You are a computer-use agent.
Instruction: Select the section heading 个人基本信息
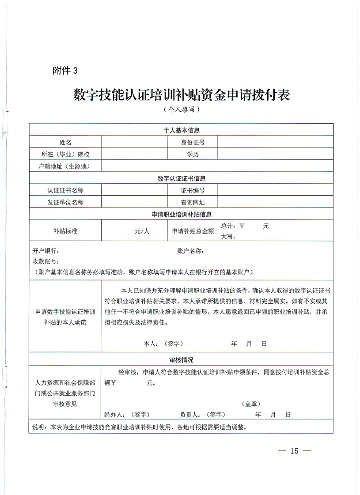[x=182, y=130]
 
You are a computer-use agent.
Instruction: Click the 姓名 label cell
[x=65, y=142]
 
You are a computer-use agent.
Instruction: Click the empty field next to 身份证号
[x=275, y=142]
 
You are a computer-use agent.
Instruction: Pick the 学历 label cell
[x=193, y=154]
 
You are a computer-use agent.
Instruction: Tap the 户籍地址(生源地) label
[x=64, y=166]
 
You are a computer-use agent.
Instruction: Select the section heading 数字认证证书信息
[x=182, y=178]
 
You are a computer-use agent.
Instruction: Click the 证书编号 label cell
[x=193, y=190]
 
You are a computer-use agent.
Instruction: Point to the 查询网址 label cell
[x=193, y=202]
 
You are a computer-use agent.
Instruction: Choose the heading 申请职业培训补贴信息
[x=182, y=215]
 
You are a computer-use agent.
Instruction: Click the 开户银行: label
[x=46, y=251]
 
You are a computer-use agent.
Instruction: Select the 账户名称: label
[x=190, y=251]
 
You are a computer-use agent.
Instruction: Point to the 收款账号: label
[x=46, y=261]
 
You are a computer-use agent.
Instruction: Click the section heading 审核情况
[x=182, y=360]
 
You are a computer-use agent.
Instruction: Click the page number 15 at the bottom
[x=294, y=451]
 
